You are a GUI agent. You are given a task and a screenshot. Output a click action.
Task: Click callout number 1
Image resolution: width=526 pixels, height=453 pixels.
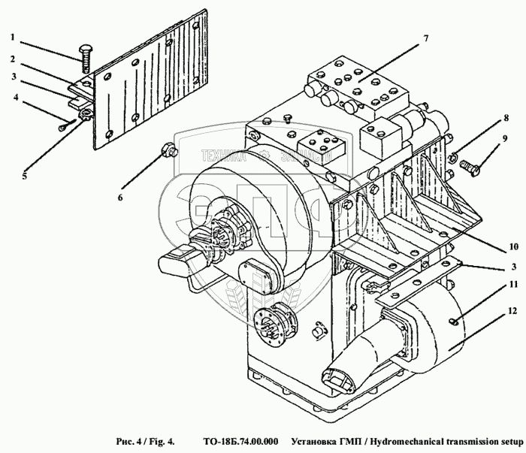click(13, 37)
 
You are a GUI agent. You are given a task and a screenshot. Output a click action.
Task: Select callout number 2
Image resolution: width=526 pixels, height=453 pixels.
click(13, 58)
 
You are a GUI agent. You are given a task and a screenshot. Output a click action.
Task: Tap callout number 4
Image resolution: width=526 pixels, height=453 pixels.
click(14, 95)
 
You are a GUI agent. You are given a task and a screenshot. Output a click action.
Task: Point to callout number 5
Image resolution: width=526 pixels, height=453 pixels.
click(24, 177)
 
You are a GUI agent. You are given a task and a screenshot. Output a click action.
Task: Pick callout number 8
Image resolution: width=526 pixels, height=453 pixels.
click(506, 117)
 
